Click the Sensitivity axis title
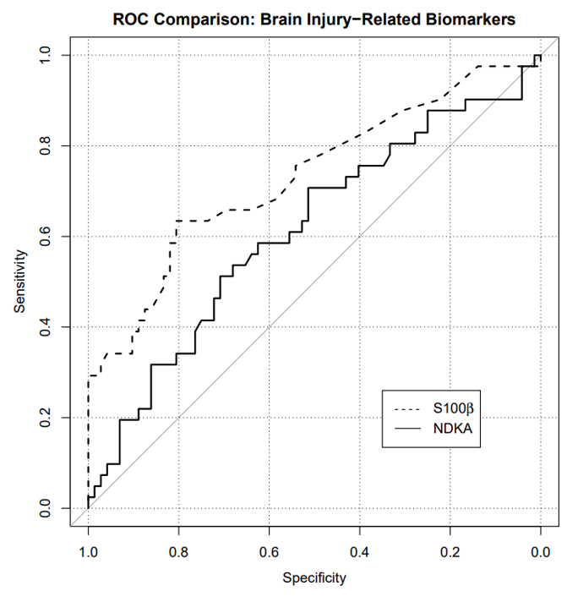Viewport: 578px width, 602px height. [x=19, y=282]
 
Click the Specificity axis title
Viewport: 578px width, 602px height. [x=314, y=577]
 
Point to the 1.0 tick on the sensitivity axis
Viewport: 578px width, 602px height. [x=45, y=55]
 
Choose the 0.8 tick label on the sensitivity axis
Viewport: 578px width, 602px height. [x=45, y=146]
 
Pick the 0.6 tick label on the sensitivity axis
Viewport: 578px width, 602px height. [x=45, y=237]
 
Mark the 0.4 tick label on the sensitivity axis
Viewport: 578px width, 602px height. [x=45, y=327]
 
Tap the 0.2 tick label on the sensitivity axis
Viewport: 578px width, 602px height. [x=45, y=418]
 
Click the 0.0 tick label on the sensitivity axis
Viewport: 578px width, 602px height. [x=45, y=508]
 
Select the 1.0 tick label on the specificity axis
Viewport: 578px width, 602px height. [x=88, y=552]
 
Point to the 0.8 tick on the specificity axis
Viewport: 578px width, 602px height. [x=179, y=552]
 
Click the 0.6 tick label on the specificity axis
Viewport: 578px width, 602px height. [x=269, y=552]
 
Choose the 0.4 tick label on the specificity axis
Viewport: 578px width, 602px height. [x=360, y=552]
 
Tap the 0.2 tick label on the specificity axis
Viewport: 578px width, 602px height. [x=450, y=552]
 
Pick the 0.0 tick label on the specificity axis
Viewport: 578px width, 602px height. [x=541, y=552]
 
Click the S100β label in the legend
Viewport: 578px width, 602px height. [x=453, y=408]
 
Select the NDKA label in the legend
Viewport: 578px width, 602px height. [x=453, y=429]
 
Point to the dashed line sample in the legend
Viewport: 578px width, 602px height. [x=406, y=409]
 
